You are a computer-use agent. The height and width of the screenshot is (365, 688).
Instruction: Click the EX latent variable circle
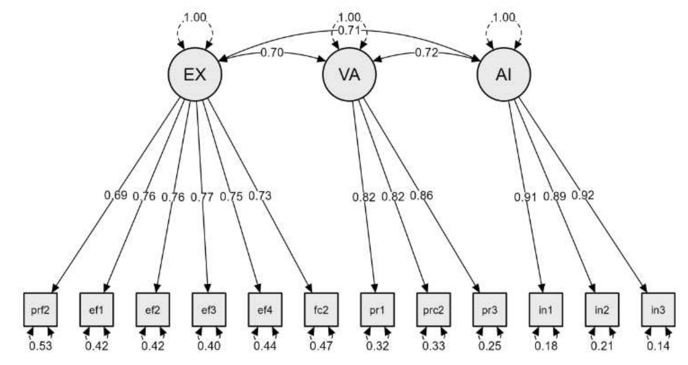[195, 74]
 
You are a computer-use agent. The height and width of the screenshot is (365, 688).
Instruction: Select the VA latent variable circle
[349, 74]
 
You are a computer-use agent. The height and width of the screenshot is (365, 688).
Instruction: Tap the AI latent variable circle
[503, 74]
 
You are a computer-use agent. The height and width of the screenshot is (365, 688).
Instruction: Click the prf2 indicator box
[40, 310]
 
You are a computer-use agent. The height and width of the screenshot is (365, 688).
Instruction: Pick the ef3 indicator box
[209, 310]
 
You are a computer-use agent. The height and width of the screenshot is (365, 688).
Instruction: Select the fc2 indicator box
[321, 310]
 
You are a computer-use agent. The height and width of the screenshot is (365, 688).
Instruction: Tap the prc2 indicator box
[433, 310]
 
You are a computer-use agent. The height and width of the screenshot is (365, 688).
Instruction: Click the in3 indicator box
[658, 310]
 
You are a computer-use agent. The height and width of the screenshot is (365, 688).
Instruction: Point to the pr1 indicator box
[377, 310]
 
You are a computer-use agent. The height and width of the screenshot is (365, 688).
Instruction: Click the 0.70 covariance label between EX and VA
[272, 53]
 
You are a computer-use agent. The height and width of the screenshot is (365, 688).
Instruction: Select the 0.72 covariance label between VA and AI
[427, 53]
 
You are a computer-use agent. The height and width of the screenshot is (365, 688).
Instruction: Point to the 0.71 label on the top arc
[349, 30]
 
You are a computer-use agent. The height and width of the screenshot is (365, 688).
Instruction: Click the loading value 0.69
[116, 195]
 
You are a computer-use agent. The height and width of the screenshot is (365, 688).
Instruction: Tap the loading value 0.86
[421, 195]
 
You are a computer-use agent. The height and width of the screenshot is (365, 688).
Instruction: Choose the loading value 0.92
[582, 195]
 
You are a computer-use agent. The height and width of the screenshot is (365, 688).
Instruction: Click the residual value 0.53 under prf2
[41, 345]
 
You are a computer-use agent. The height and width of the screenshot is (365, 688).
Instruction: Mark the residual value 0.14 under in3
[658, 345]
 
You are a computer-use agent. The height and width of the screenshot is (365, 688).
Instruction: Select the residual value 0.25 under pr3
[490, 345]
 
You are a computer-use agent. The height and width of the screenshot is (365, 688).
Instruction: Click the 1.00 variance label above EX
[195, 17]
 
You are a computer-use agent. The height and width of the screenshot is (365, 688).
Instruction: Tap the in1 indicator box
[545, 310]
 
